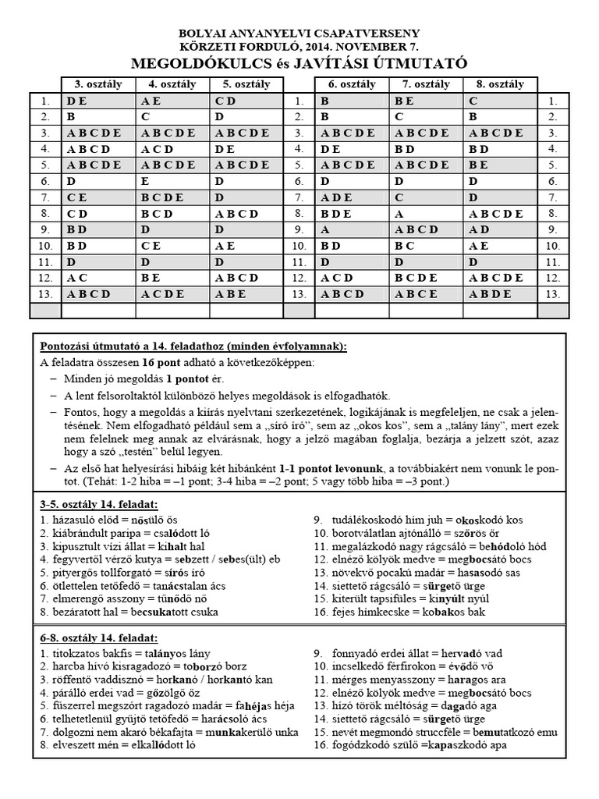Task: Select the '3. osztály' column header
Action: [x=97, y=84]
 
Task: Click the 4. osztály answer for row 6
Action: [x=146, y=180]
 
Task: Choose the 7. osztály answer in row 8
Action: [x=399, y=212]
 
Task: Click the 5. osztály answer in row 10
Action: [x=222, y=245]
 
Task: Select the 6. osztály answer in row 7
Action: [x=336, y=197]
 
